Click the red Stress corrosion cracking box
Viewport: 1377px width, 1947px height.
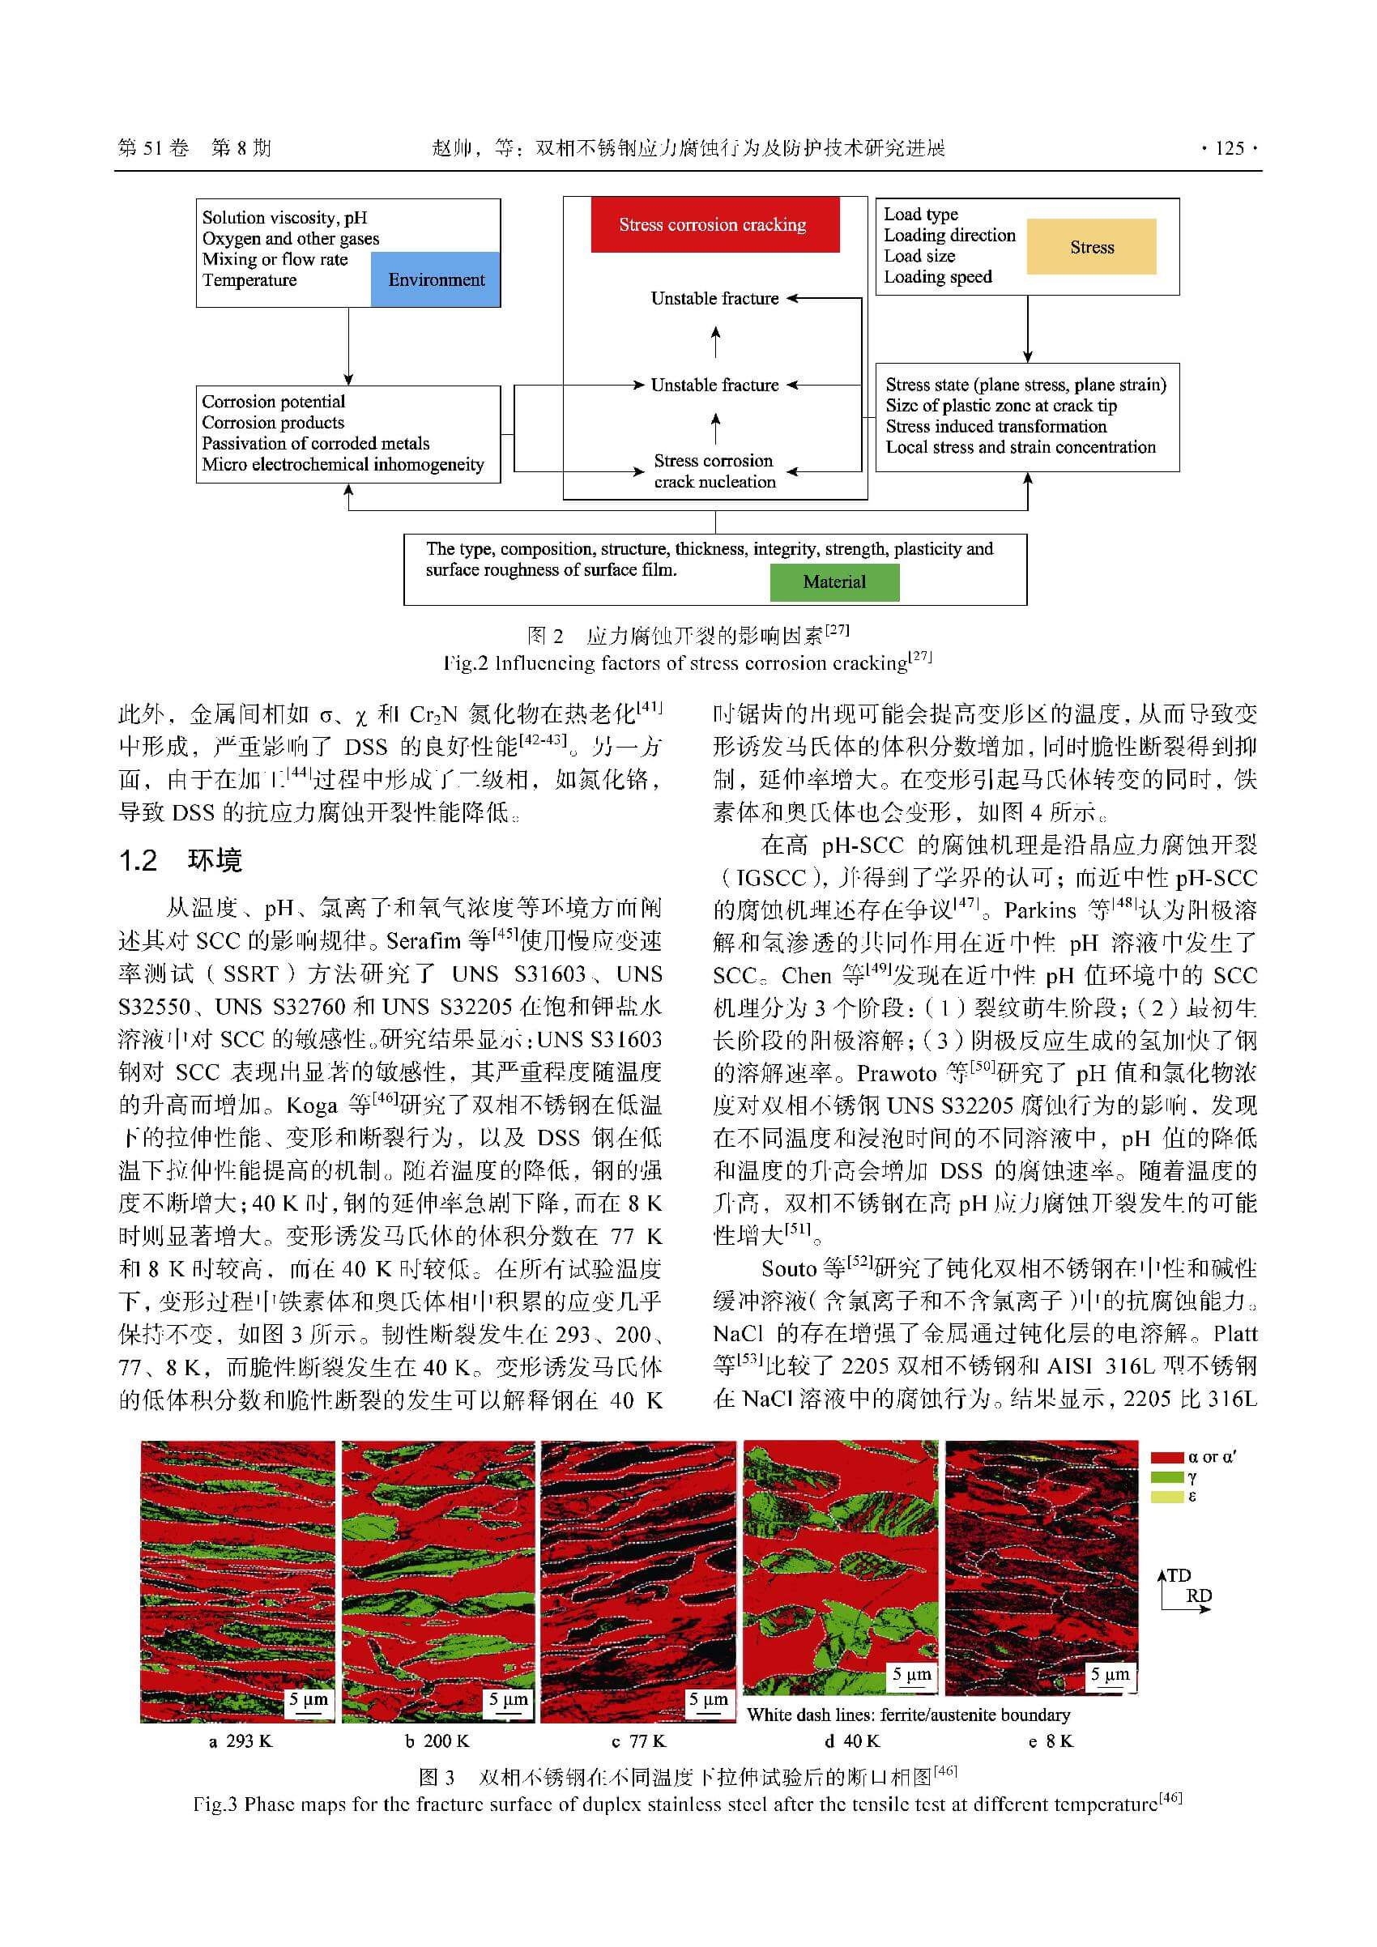(x=714, y=224)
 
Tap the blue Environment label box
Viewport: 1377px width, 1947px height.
(x=436, y=280)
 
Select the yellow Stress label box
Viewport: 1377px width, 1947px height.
(x=1091, y=247)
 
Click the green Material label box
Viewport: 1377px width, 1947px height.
(x=834, y=582)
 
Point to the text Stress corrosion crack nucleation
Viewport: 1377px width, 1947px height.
(x=714, y=471)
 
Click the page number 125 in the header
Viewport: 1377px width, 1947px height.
(x=1229, y=148)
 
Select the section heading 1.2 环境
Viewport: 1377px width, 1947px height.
(x=181, y=861)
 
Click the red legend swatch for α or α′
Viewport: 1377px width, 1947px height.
(x=1166, y=1458)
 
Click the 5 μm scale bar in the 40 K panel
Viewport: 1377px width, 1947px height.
(x=911, y=1676)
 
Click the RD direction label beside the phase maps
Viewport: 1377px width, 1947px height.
(x=1198, y=1596)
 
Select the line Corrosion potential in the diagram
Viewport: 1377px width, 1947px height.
(x=273, y=402)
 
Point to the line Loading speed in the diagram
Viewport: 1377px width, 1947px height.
(x=937, y=277)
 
